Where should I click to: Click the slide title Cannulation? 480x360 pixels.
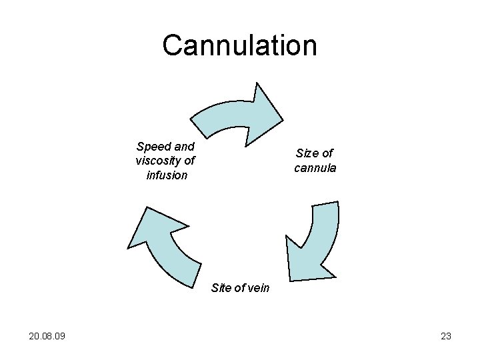239,45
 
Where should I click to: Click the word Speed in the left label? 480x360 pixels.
152,147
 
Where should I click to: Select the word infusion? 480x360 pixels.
167,175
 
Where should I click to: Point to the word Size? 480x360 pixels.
308,153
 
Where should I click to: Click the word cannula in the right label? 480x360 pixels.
315,168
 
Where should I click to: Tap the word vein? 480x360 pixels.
257,288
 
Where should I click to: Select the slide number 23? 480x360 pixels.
446,336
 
